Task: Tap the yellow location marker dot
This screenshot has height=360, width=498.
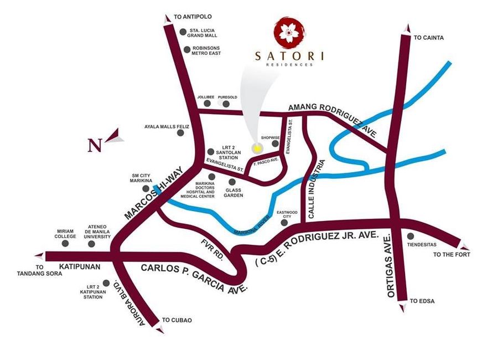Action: pos(257,148)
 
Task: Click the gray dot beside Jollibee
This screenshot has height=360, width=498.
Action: pos(207,104)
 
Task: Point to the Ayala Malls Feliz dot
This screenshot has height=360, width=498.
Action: pos(180,132)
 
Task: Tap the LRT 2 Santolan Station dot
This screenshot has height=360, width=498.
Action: pos(210,151)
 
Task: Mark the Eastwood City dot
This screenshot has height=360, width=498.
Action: pos(284,223)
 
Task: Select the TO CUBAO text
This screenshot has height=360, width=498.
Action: pos(177,320)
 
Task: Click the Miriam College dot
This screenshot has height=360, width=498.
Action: pos(66,242)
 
